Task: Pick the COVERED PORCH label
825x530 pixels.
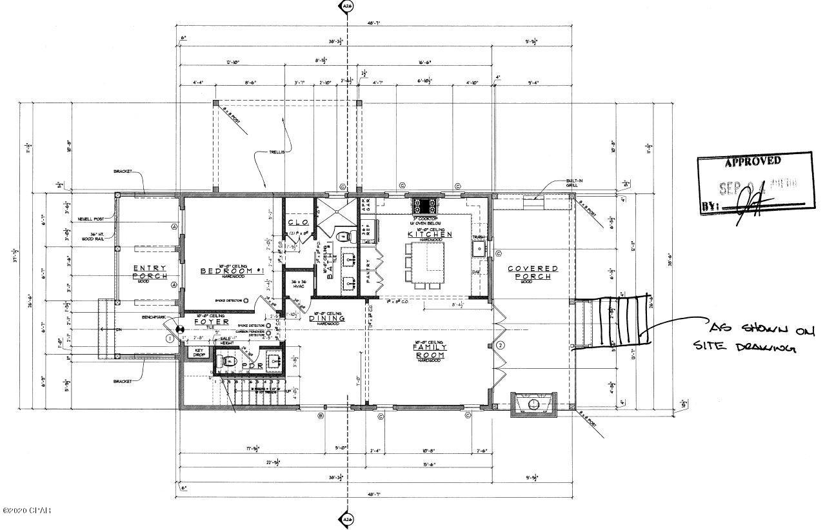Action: [532, 272]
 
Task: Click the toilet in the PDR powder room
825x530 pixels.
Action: [227, 362]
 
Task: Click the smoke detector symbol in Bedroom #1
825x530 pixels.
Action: [246, 300]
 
